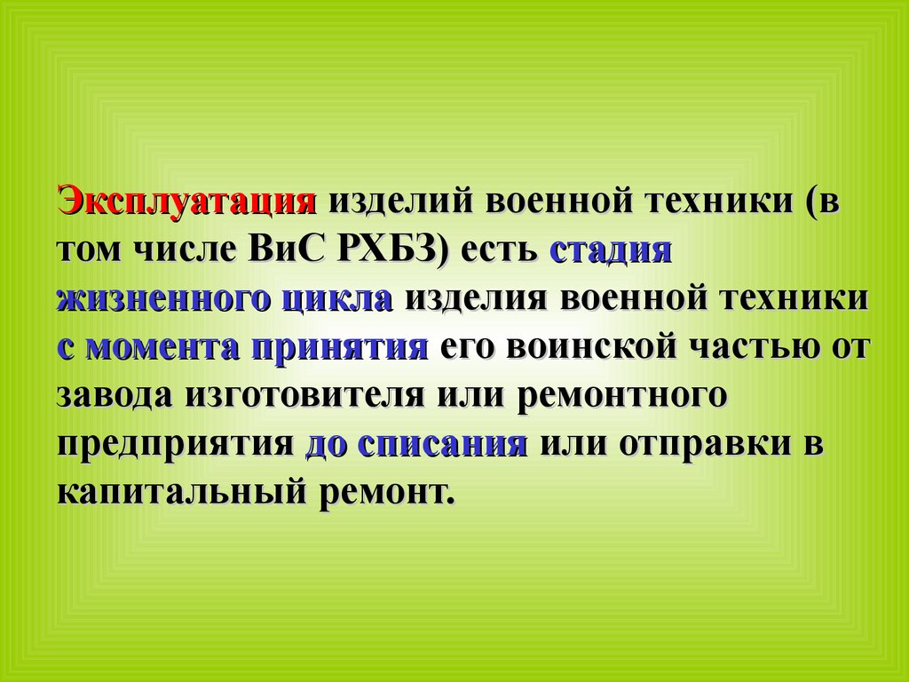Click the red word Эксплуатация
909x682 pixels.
(x=186, y=202)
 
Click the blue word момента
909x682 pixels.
(x=163, y=348)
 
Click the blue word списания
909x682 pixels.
(x=443, y=445)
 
